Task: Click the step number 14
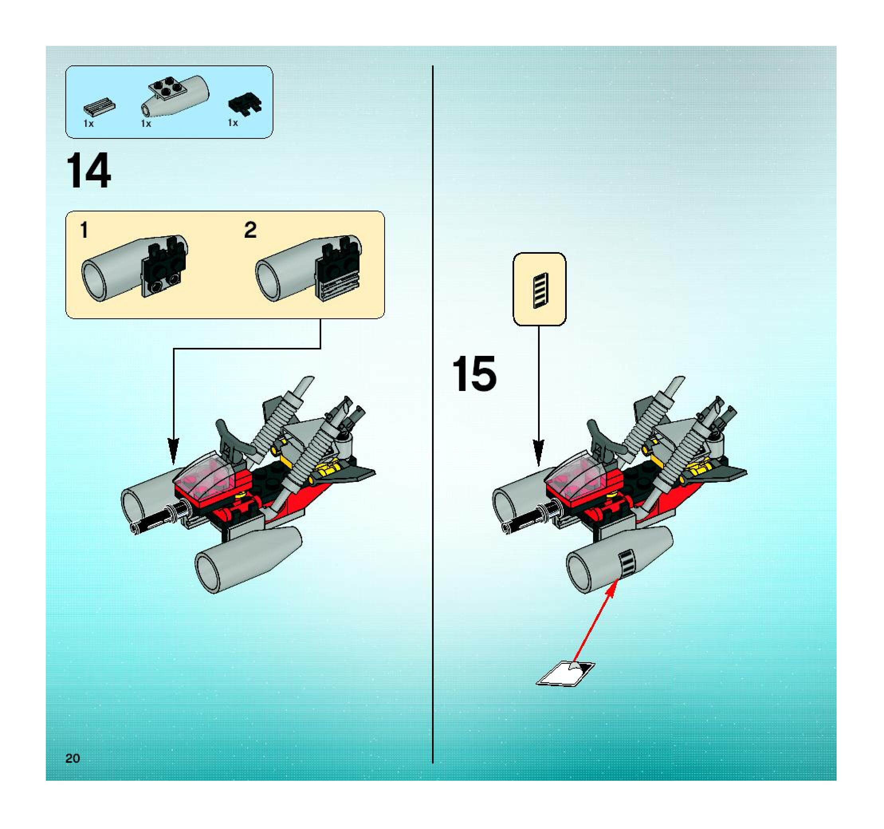[88, 170]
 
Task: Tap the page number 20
[73, 758]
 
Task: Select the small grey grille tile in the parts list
[100, 107]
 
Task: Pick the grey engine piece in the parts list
[175, 96]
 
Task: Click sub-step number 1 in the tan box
[84, 231]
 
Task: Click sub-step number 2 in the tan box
[250, 230]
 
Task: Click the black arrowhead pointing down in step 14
[173, 451]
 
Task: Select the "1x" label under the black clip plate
[233, 123]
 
